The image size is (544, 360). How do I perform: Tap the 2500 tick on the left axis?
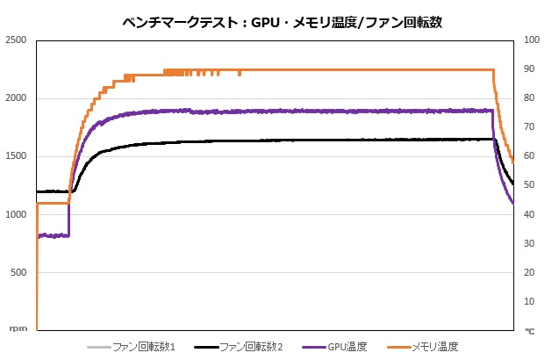point(16,40)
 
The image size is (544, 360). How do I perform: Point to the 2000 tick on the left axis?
point(16,98)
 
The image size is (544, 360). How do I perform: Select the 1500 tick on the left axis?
point(16,156)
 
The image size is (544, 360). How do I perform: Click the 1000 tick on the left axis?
point(16,214)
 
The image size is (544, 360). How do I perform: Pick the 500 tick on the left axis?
point(18,272)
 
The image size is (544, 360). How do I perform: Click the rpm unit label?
point(18,328)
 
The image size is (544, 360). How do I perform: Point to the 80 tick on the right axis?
point(529,98)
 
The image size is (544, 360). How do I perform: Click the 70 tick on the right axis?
point(529,127)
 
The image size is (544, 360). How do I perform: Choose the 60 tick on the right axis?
point(529,156)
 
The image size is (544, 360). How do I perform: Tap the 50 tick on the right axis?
point(529,185)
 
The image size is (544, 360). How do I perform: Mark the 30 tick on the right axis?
point(529,243)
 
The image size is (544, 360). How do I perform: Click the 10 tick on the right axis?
point(529,301)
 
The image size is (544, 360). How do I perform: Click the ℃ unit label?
point(529,330)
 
